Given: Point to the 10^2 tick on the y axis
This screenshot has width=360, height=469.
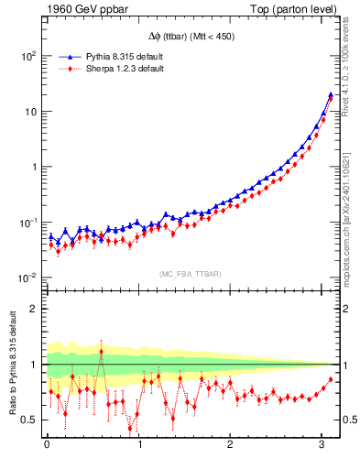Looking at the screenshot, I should [27, 56].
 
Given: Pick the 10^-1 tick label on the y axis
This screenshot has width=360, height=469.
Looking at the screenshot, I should [27, 223].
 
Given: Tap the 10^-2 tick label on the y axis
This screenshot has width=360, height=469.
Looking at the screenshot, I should [27, 278].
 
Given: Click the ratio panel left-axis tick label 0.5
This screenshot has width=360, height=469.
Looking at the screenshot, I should [28, 420].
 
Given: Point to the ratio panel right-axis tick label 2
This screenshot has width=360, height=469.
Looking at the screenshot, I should [348, 309].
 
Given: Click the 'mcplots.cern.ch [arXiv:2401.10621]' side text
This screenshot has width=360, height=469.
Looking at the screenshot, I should [350, 211].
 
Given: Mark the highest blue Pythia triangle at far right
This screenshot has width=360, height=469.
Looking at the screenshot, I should [330, 94].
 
